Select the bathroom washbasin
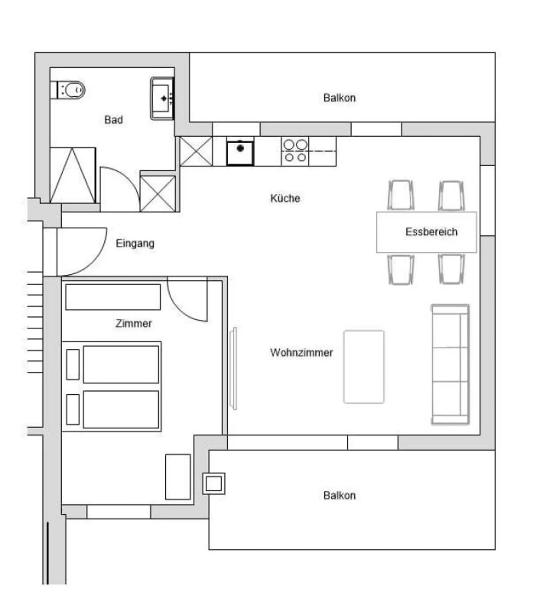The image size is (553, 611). click(162, 98)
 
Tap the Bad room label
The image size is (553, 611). click(113, 120)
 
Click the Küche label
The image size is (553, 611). click(285, 198)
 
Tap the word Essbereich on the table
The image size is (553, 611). click(431, 232)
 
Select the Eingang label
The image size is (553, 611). click(135, 243)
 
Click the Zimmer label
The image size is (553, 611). click(134, 323)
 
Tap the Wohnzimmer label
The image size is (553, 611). click(301, 352)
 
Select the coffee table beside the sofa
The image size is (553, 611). click(363, 367)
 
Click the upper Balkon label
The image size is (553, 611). click(339, 98)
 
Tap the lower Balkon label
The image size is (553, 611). click(339, 496)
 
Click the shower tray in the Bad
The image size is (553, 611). click(73, 175)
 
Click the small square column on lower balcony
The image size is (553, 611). click(214, 483)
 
